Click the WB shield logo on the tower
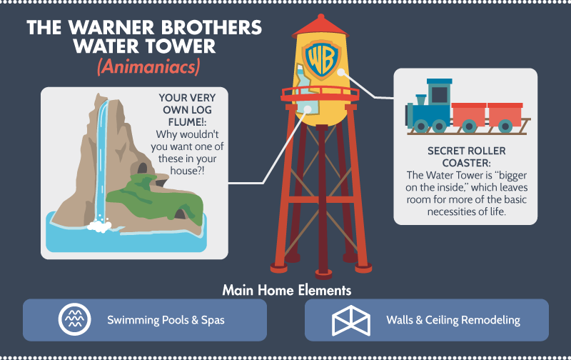pyautogui.click(x=322, y=60)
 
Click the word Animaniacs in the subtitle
pyautogui.click(x=148, y=67)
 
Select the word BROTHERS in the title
pyautogui.click(x=211, y=28)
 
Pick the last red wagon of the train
pyautogui.click(x=505, y=117)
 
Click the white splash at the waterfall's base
pyautogui.click(x=99, y=226)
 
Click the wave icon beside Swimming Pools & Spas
pyautogui.click(x=75, y=319)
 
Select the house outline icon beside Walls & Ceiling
pyautogui.click(x=351, y=321)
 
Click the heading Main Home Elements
pyautogui.click(x=287, y=291)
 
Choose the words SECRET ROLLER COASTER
pyautogui.click(x=467, y=156)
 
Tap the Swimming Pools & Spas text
pyautogui.click(x=166, y=320)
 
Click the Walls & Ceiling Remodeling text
pyautogui.click(x=453, y=320)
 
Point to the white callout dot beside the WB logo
pyautogui.click(x=341, y=72)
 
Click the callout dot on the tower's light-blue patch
pyautogui.click(x=308, y=109)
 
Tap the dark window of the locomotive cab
pyautogui.click(x=440, y=95)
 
